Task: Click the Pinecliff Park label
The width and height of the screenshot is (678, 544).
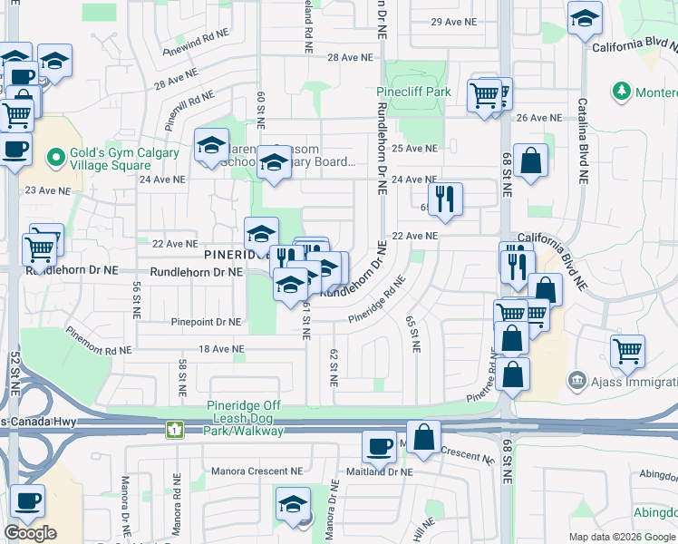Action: pyautogui.click(x=414, y=92)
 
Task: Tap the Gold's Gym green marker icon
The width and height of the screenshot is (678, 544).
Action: pyautogui.click(x=57, y=158)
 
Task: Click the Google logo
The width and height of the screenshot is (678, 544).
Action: pyautogui.click(x=30, y=533)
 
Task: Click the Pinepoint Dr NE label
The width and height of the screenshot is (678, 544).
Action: pyautogui.click(x=207, y=322)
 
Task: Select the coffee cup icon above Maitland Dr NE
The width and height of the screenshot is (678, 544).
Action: pyautogui.click(x=378, y=445)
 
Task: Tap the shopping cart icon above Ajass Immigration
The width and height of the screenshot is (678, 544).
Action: pyautogui.click(x=627, y=349)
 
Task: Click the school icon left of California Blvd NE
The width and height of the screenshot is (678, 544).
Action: pyautogui.click(x=585, y=17)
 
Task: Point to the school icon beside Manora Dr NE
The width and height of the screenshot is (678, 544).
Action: pyautogui.click(x=293, y=503)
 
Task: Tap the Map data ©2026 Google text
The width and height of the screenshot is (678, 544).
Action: pyautogui.click(x=620, y=537)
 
